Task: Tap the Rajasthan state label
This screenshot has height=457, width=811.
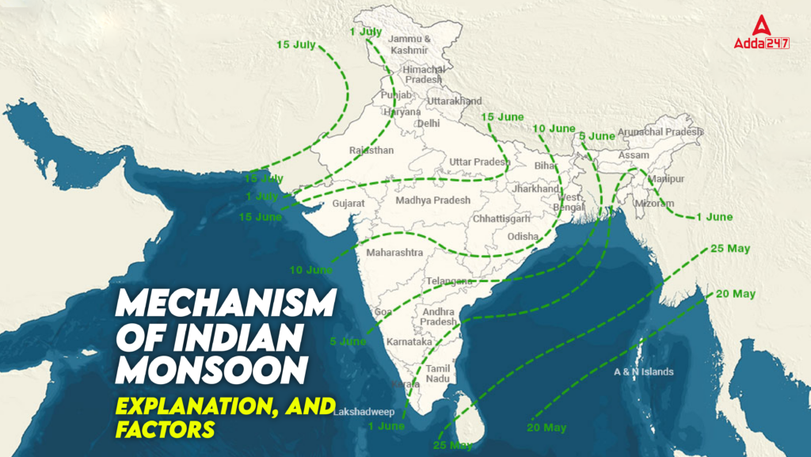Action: pos(371,150)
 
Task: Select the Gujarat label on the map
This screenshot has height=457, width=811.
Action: pos(348,204)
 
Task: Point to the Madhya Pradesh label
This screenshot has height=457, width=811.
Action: pos(432,200)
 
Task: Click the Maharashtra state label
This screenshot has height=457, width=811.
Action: pos(394,253)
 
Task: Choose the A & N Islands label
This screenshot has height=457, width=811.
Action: pos(644,371)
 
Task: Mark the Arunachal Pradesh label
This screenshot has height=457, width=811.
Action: pos(660,131)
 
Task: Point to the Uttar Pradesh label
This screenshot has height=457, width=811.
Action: pos(479,162)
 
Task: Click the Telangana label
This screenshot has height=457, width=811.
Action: pos(449,281)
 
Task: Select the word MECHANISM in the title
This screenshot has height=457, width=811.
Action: pos(227,303)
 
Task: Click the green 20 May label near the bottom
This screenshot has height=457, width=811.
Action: pos(546,428)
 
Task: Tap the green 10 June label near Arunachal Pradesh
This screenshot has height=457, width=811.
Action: pos(554,128)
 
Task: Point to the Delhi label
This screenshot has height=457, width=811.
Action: pos(428,124)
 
